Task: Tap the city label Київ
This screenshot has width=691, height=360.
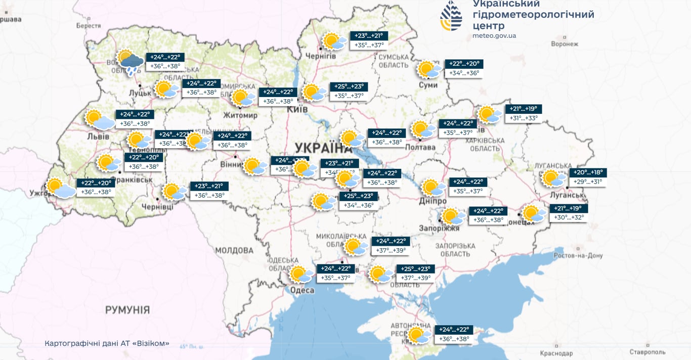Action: click(x=297, y=109)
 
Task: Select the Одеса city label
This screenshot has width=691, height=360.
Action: click(x=302, y=290)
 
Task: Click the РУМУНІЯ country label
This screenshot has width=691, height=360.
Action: click(x=127, y=310)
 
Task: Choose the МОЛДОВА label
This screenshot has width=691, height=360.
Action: click(x=234, y=250)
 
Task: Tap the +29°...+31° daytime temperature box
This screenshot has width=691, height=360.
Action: click(x=587, y=182)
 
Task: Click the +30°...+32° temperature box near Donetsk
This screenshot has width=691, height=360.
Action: click(x=569, y=217)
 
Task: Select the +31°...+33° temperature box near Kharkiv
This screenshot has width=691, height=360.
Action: click(x=523, y=118)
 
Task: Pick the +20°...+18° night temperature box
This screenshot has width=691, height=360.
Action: click(x=588, y=172)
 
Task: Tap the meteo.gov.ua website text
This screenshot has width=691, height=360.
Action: click(x=494, y=35)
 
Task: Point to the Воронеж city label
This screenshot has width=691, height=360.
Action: click(x=565, y=44)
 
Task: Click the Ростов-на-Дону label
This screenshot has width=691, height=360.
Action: click(x=578, y=255)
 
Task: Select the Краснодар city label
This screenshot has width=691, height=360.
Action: click(x=556, y=353)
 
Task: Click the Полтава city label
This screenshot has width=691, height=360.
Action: click(x=420, y=147)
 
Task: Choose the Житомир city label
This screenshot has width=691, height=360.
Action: click(x=240, y=115)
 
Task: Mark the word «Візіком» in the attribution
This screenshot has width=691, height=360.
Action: click(x=153, y=344)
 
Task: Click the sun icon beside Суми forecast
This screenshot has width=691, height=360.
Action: click(x=427, y=69)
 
